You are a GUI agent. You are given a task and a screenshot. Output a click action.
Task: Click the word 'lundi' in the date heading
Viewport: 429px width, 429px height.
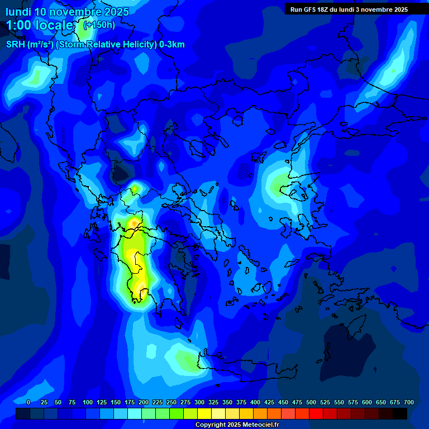18,11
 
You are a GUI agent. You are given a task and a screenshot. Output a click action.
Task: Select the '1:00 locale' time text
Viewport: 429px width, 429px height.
40,25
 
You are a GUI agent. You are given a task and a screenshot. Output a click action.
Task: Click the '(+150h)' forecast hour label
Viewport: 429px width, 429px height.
99,25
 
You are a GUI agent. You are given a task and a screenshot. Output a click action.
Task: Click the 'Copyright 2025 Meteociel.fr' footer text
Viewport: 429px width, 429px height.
237,425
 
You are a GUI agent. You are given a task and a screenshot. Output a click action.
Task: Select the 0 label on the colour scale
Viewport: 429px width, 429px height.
28,402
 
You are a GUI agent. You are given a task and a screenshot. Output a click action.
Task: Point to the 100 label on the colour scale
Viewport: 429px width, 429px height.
88,402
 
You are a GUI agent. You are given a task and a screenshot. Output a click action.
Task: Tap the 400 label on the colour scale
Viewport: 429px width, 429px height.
255,402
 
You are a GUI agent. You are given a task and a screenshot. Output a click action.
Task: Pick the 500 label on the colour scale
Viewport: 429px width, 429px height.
311,402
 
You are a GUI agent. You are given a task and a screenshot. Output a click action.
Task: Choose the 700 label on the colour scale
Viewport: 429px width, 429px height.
409,402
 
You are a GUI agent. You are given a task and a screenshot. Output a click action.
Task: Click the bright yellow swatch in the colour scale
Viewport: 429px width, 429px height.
204,414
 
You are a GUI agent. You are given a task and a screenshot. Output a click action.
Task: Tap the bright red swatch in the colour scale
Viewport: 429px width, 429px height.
316,414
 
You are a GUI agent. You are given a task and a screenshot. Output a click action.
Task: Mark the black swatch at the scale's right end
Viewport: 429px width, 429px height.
400,414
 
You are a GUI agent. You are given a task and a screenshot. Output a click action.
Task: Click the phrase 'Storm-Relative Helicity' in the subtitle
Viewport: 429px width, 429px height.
112,45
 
